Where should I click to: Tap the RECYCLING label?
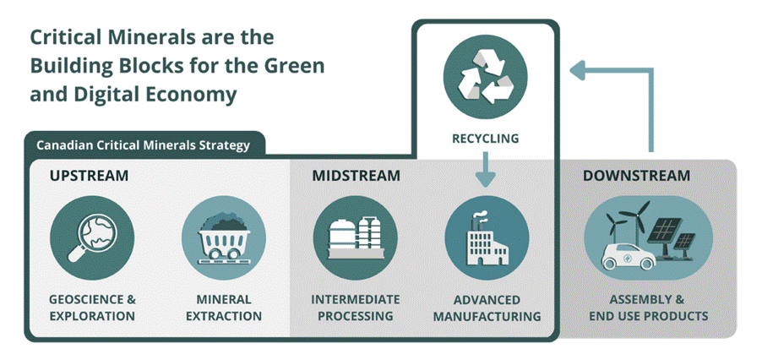click(485, 137)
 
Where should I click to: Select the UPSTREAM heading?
click(89, 177)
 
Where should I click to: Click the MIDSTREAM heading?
click(356, 177)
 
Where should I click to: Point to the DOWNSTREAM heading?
click(636, 177)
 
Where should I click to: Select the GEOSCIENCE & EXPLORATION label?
click(92, 308)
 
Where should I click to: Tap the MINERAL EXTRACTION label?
click(224, 308)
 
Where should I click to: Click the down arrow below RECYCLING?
click(485, 172)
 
